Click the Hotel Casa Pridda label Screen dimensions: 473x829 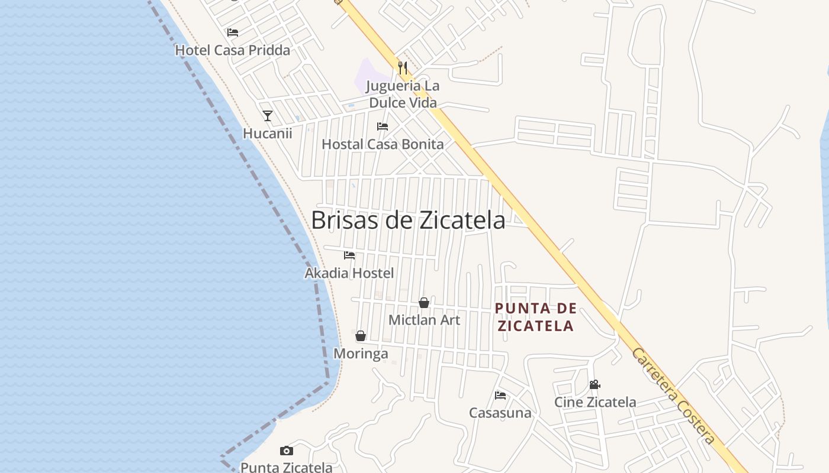pyautogui.click(x=233, y=50)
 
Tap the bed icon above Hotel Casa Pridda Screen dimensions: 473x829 pyautogui.click(x=233, y=33)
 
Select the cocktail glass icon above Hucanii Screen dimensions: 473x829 pyautogui.click(x=268, y=116)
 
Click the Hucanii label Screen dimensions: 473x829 pyautogui.click(x=268, y=133)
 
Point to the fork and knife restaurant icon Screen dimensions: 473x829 pyautogui.click(x=403, y=67)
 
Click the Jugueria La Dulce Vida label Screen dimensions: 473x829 pyautogui.click(x=403, y=94)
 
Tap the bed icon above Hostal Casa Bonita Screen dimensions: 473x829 pyautogui.click(x=383, y=127)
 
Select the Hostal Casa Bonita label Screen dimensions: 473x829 pyautogui.click(x=383, y=144)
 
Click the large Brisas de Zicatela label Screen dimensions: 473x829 pyautogui.click(x=408, y=220)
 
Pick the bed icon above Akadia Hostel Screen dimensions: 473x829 pyautogui.click(x=349, y=255)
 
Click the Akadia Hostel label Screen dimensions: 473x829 pyautogui.click(x=349, y=273)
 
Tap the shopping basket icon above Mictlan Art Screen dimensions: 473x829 pyautogui.click(x=424, y=303)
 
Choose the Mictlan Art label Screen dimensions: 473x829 pyautogui.click(x=424, y=320)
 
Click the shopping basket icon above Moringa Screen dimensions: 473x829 pyautogui.click(x=361, y=336)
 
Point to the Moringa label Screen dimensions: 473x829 pyautogui.click(x=361, y=354)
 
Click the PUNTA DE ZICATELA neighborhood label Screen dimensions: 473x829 pyautogui.click(x=536, y=317)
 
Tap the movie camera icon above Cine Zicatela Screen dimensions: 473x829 pyautogui.click(x=595, y=385)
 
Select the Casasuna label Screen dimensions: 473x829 pyautogui.click(x=500, y=413)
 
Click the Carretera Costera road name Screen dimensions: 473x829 pyautogui.click(x=673, y=396)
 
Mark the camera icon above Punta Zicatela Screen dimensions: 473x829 pyautogui.click(x=287, y=451)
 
